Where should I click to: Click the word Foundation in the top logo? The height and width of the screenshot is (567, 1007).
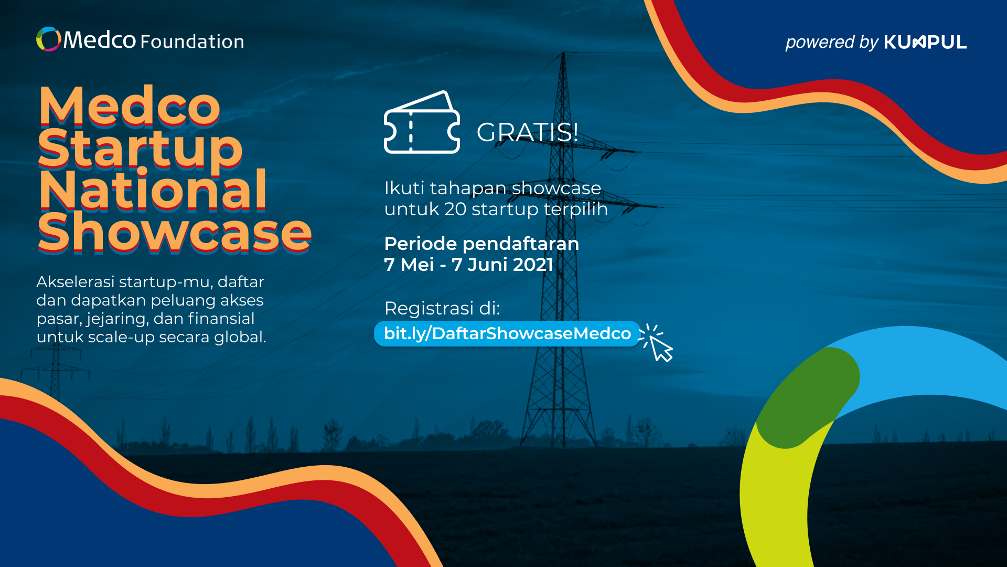(x=192, y=41)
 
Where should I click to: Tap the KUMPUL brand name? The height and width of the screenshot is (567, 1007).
(x=925, y=42)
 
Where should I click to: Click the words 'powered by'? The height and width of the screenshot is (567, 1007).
(x=831, y=43)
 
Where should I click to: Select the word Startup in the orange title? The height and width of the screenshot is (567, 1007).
(x=141, y=148)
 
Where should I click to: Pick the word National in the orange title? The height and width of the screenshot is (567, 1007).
(x=153, y=190)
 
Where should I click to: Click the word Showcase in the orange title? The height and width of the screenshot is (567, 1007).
(x=175, y=232)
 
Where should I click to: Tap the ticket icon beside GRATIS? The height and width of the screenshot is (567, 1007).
(x=422, y=122)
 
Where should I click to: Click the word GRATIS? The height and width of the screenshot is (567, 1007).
(x=527, y=132)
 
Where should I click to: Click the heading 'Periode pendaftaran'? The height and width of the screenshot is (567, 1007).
(x=481, y=244)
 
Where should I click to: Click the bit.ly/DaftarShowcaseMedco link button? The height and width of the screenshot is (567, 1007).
(x=507, y=334)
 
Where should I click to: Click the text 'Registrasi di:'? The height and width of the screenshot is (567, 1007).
(x=442, y=308)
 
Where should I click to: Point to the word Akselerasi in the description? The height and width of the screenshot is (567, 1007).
(x=76, y=282)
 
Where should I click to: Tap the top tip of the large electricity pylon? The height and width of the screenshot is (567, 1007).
(x=563, y=52)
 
